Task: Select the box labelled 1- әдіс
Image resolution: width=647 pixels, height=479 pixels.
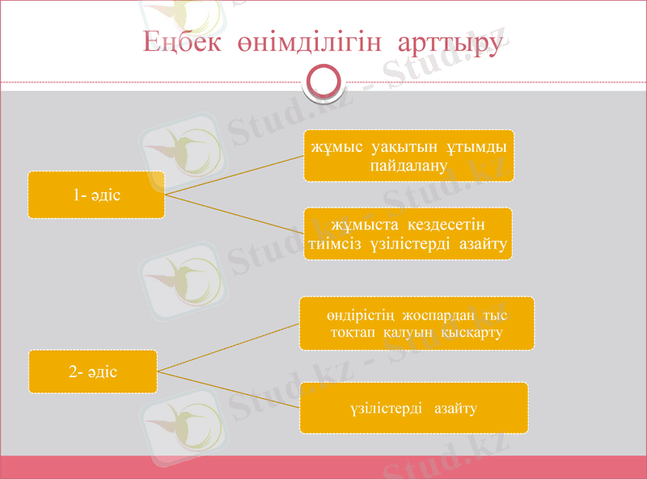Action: [x=96, y=195]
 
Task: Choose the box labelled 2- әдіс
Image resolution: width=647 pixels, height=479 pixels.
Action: [x=93, y=372]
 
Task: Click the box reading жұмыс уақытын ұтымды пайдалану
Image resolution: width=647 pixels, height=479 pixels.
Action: [x=408, y=155]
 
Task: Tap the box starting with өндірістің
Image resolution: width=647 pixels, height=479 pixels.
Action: [x=417, y=323]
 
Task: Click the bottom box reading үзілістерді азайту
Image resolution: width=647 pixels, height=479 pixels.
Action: [x=414, y=408]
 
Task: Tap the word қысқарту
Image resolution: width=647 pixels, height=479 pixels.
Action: [x=473, y=333]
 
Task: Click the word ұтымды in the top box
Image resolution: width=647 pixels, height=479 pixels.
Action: [x=477, y=146]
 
